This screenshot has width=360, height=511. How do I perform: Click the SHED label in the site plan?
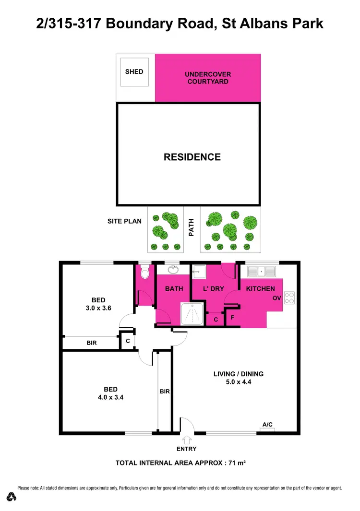(x=134, y=72)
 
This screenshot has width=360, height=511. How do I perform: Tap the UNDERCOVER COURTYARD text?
(x=208, y=78)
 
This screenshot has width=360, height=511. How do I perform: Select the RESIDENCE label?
(x=192, y=157)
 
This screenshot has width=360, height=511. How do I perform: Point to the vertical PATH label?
(x=191, y=227)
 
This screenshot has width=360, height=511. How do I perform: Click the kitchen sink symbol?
(x=261, y=272)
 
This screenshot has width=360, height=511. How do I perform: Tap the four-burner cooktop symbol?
(x=290, y=298)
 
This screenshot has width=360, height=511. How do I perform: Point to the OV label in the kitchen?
(x=276, y=298)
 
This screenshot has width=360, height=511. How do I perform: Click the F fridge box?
(x=232, y=318)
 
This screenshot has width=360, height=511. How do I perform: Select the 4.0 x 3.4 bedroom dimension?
(x=111, y=397)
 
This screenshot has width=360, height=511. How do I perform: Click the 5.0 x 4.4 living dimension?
(x=239, y=382)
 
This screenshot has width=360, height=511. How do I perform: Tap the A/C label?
(x=267, y=424)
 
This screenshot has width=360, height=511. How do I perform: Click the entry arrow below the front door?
(x=186, y=439)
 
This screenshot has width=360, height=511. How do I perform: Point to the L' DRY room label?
(x=208, y=289)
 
